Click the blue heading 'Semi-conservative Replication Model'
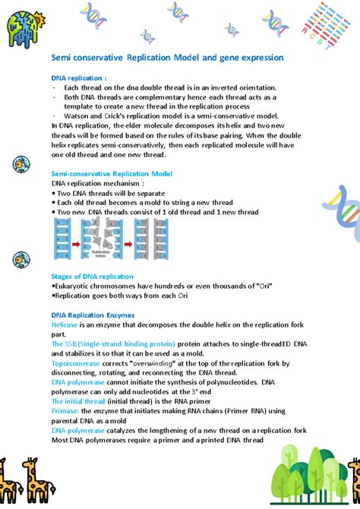point(112,174)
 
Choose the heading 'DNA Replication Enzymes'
point(93,314)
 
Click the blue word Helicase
point(65,324)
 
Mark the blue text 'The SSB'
point(62,343)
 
